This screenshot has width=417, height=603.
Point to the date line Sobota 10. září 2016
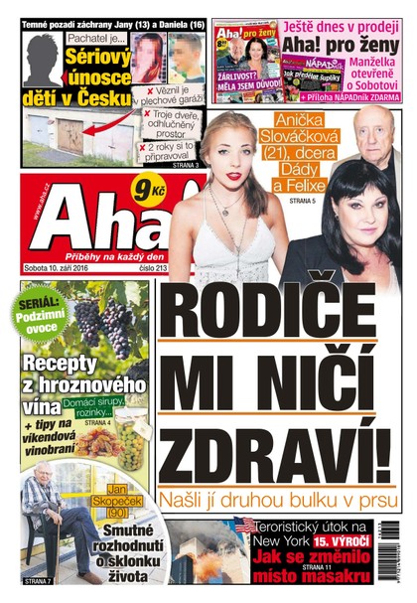pyautogui.click(x=59, y=268)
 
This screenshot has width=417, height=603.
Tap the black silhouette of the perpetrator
pyautogui.click(x=43, y=59)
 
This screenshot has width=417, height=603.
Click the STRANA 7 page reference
pyautogui.click(x=39, y=579)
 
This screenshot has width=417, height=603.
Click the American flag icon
pyautogui.click(x=245, y=524)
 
